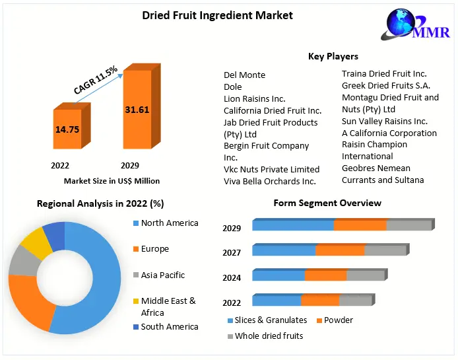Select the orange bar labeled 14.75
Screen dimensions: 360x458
[67, 130]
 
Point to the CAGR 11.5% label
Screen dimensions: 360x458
[96, 81]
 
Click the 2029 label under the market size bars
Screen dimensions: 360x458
[129, 165]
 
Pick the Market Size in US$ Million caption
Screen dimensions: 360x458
[112, 180]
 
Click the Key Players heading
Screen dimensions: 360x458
[333, 56]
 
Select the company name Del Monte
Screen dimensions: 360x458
[244, 75]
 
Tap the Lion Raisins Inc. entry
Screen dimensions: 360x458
[254, 98]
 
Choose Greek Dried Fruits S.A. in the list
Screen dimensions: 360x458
[385, 85]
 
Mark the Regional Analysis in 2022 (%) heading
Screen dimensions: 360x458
[100, 203]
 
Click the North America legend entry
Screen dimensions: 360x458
[169, 223]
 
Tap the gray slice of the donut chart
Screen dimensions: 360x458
[24, 263]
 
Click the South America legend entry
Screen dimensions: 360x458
[169, 326]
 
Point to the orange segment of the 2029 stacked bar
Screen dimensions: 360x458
[360, 225]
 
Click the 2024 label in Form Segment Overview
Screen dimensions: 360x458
[232, 278]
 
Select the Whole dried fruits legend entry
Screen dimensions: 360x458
[269, 336]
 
